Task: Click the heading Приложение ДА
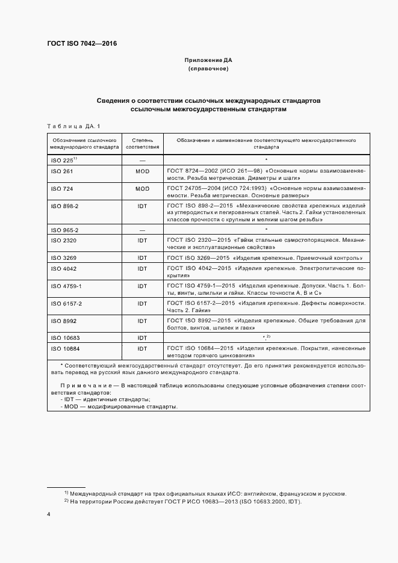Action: point(208,61)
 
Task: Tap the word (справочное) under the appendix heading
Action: point(208,69)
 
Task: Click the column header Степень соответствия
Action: point(143,143)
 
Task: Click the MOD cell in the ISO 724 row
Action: point(143,188)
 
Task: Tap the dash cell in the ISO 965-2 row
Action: point(143,230)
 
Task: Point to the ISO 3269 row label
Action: point(64,257)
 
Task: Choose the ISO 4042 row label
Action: point(64,268)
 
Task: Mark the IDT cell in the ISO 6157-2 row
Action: point(143,304)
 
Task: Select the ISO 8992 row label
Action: point(64,321)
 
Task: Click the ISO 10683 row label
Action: point(66,338)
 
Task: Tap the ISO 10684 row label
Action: point(66,348)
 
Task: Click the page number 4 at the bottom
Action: point(49,515)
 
